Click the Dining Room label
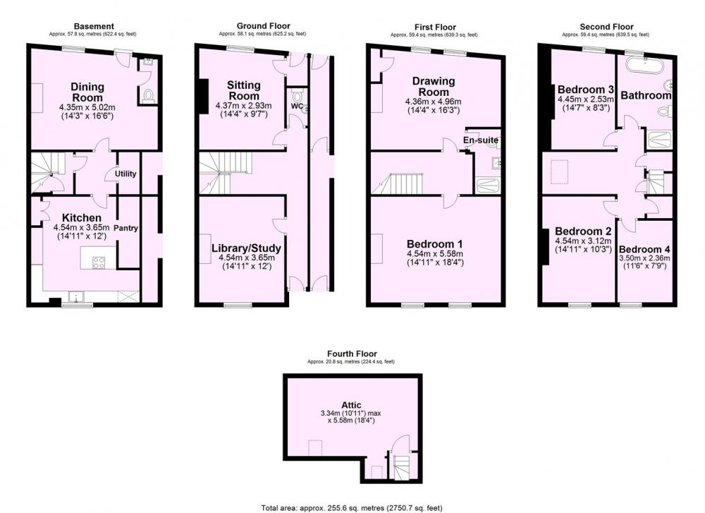pyautogui.click(x=87, y=92)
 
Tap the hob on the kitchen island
pyautogui.click(x=99, y=262)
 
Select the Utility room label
pyautogui.click(x=125, y=174)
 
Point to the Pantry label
pyautogui.click(x=125, y=228)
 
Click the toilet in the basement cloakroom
pyautogui.click(x=148, y=96)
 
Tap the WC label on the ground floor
pyautogui.click(x=296, y=107)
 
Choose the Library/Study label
pyautogui.click(x=246, y=248)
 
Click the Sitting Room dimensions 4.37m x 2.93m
pyautogui.click(x=244, y=106)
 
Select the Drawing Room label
pyautogui.click(x=434, y=86)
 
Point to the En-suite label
pyautogui.click(x=481, y=140)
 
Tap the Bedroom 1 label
pyautogui.click(x=435, y=244)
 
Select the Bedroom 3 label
pyautogui.click(x=586, y=89)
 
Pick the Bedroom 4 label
pyautogui.click(x=644, y=249)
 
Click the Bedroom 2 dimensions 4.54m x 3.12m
pyautogui.click(x=583, y=241)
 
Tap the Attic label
pyautogui.click(x=351, y=405)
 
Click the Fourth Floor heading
pyautogui.click(x=352, y=354)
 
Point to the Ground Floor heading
pyautogui.click(x=264, y=26)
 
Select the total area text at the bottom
pyautogui.click(x=352, y=508)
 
